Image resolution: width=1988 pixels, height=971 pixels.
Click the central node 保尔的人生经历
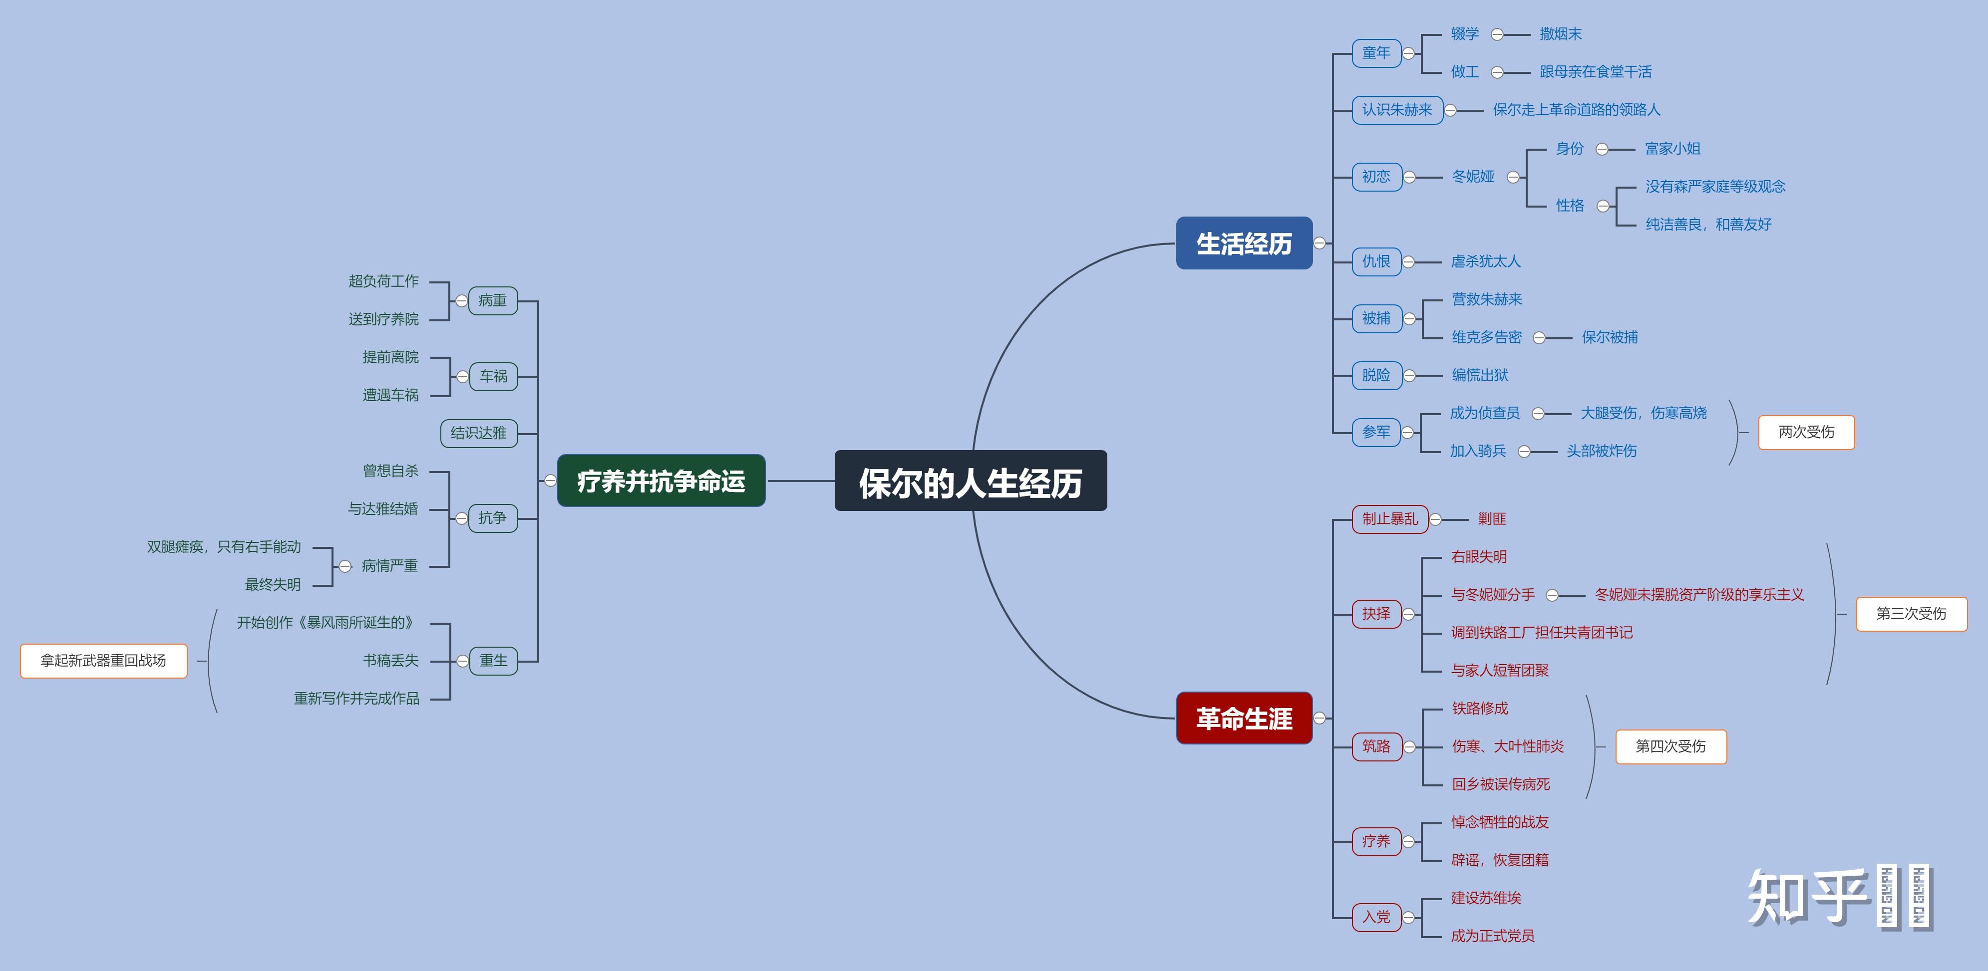click(x=970, y=481)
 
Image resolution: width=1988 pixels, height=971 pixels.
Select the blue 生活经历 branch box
click(x=1243, y=243)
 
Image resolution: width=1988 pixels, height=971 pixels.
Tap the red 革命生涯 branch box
click(x=1243, y=718)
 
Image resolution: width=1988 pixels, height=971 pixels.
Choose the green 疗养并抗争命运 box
click(x=661, y=481)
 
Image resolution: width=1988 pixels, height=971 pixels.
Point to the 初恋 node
click(x=1375, y=177)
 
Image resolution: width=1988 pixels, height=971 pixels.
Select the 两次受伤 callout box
click(x=1806, y=432)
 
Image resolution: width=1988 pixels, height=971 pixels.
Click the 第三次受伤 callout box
click(x=1911, y=614)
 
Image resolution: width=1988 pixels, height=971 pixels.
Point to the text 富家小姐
click(x=1672, y=149)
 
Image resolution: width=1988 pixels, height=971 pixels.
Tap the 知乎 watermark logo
click(x=1806, y=896)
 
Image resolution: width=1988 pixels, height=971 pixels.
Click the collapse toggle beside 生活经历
click(x=1320, y=243)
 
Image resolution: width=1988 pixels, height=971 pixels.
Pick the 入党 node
click(x=1375, y=917)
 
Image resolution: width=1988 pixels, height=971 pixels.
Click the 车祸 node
click(x=493, y=376)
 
